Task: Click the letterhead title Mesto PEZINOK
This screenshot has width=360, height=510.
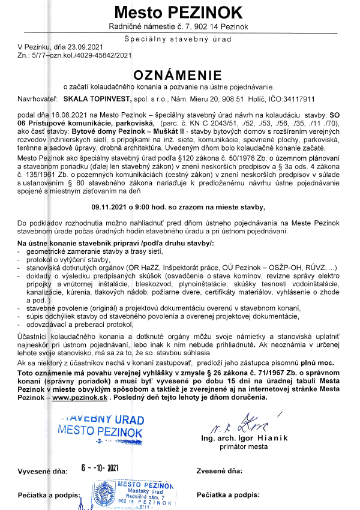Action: point(180,12)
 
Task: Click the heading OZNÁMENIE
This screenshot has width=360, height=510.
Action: point(180,75)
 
